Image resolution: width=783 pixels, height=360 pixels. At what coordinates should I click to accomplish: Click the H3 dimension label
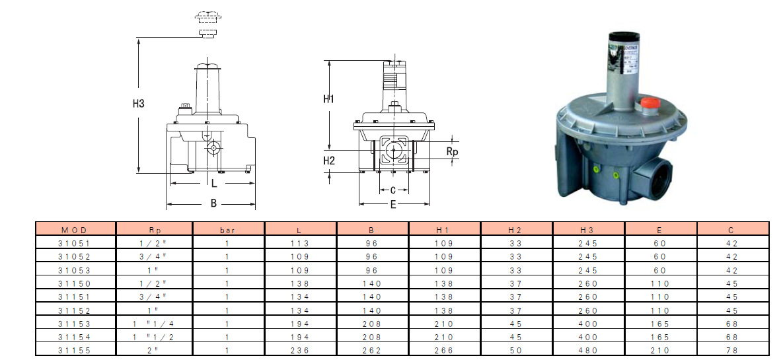pyautogui.click(x=138, y=104)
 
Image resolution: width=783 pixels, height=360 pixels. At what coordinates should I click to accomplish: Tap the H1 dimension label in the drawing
pyautogui.click(x=328, y=99)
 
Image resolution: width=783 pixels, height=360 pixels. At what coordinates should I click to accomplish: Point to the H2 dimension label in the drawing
pyautogui.click(x=328, y=161)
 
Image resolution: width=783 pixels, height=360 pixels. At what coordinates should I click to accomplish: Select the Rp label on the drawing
pyautogui.click(x=452, y=151)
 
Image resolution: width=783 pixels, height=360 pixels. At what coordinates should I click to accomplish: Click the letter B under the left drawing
pyautogui.click(x=213, y=203)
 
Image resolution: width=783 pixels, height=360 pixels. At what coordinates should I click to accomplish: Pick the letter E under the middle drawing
pyautogui.click(x=393, y=204)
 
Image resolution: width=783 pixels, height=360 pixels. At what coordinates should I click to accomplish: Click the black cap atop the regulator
pyautogui.click(x=624, y=36)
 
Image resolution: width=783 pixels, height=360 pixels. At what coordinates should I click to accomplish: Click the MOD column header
pyautogui.click(x=75, y=230)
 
